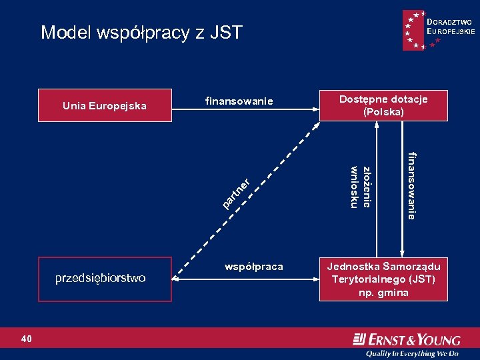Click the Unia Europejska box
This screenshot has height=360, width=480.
105,105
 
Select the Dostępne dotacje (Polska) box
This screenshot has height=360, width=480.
383,105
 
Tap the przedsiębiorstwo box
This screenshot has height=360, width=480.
100,278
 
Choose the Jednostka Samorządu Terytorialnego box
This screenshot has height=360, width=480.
383,279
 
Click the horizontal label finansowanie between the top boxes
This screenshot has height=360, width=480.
239,101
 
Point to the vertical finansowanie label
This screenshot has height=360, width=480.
412,186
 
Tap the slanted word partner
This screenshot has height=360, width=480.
237,193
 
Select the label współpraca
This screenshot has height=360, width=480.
254,267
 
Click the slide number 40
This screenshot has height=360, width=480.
27,339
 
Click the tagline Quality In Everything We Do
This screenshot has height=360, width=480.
413,353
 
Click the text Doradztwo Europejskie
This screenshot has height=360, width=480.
451,27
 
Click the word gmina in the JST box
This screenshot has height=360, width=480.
393,293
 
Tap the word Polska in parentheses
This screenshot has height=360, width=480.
383,112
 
